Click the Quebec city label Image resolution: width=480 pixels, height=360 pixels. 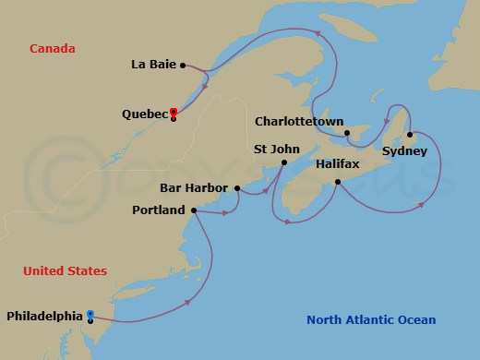(x=145, y=114)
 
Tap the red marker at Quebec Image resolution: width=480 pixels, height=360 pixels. (x=174, y=114)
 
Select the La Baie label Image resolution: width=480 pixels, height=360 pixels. (x=155, y=65)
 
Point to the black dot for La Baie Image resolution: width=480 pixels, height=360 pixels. (x=184, y=65)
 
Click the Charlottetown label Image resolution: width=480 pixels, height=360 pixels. (x=298, y=121)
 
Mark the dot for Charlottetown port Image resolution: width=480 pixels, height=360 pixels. (x=348, y=132)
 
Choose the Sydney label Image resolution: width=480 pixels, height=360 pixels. (x=403, y=151)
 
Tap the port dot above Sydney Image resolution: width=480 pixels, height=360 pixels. (x=409, y=136)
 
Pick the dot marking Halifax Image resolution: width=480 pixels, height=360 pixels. (x=339, y=181)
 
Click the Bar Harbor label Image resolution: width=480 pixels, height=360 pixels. (x=194, y=188)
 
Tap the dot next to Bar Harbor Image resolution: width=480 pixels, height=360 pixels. (x=237, y=188)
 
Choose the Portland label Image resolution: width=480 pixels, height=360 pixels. (x=159, y=210)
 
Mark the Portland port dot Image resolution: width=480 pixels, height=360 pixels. (x=193, y=210)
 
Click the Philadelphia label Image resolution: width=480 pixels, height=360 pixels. (x=44, y=316)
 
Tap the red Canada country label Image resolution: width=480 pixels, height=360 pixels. (x=52, y=48)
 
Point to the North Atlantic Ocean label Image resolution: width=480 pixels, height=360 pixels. (x=371, y=320)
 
